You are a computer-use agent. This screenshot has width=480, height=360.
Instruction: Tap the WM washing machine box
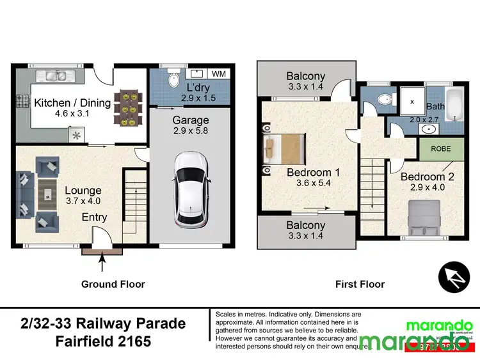click(x=218, y=74)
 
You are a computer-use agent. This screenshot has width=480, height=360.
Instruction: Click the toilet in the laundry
click(x=172, y=79)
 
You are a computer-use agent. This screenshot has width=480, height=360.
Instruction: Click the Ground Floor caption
click(x=113, y=284)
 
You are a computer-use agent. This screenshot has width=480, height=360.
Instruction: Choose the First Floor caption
click(x=360, y=284)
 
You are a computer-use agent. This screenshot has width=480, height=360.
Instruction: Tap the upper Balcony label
click(x=305, y=76)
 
